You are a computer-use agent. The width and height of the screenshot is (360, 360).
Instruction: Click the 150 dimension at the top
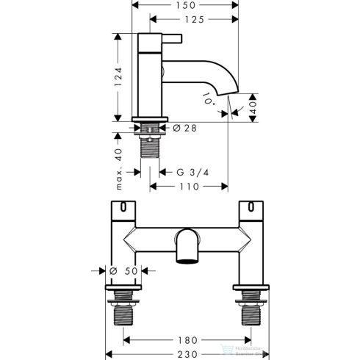tap(185, 6)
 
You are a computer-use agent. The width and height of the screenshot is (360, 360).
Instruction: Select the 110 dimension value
tap(190, 188)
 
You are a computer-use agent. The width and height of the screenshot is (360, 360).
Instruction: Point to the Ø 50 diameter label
tap(122, 271)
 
